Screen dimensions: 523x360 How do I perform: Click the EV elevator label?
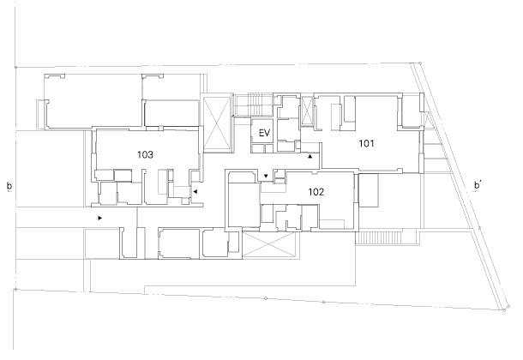click(264, 134)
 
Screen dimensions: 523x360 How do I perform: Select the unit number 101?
click(366, 143)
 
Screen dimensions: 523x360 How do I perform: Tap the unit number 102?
click(316, 192)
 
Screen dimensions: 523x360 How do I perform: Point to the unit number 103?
click(145, 154)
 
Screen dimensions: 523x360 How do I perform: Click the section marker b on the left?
click(9, 186)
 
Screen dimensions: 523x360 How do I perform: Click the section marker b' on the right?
click(478, 185)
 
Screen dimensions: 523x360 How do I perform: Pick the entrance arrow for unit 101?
click(310, 156)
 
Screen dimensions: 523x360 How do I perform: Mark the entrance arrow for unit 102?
click(266, 176)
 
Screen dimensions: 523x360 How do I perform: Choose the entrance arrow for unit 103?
click(195, 192)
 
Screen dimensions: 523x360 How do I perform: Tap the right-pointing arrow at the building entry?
click(100, 218)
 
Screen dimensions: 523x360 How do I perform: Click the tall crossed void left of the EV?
click(217, 124)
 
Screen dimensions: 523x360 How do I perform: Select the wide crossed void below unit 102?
click(269, 244)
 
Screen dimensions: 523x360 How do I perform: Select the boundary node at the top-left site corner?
click(15, 68)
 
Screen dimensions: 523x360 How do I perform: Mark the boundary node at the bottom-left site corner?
click(15, 290)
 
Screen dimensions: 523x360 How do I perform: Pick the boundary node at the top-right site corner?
click(420, 63)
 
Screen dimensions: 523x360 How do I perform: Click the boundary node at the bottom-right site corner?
click(504, 310)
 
